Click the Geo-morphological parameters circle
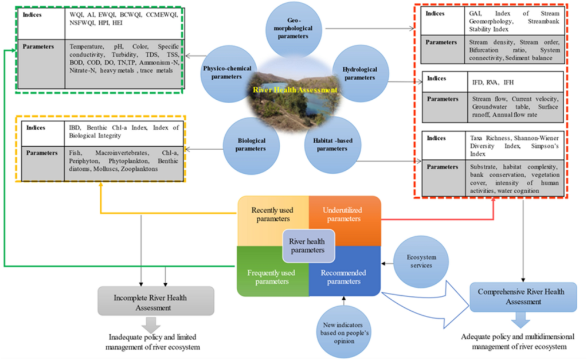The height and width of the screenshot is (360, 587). [x=293, y=29]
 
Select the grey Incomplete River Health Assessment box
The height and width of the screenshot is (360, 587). [x=156, y=303]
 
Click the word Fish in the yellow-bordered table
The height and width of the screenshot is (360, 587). [x=76, y=153]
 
